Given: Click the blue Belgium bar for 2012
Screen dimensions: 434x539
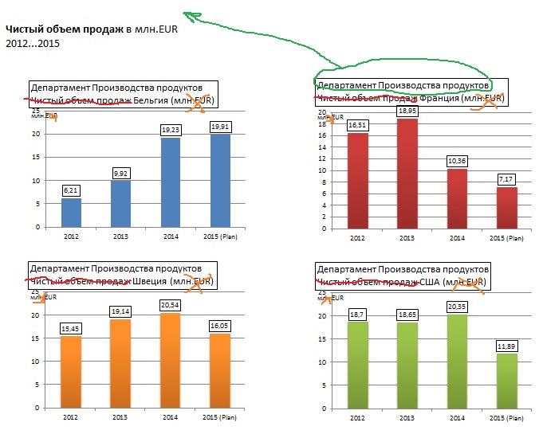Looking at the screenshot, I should click(71, 212).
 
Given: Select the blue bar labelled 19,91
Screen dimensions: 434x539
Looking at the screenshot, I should click(220, 181).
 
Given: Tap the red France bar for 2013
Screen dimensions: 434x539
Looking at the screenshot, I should click(407, 173).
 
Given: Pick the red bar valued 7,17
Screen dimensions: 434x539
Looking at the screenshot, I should click(506, 207).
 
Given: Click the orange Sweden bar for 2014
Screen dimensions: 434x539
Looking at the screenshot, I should click(171, 360).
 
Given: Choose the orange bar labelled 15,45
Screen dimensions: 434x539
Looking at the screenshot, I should click(71, 371).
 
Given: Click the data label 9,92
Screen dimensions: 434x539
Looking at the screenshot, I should click(121, 173).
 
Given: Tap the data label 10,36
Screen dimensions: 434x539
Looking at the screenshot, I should click(457, 162).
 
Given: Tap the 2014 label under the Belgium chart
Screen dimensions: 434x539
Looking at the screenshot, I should click(171, 237).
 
